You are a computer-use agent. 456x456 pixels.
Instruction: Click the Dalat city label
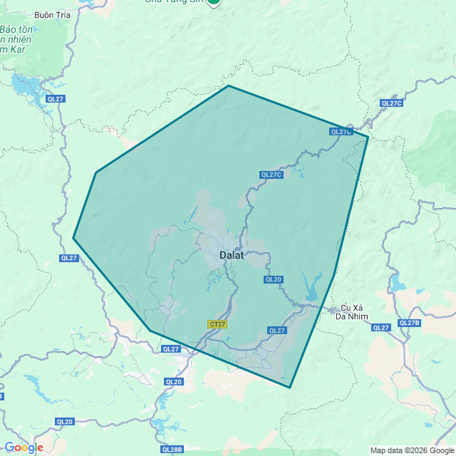232,254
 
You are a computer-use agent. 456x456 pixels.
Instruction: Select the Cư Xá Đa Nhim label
353,312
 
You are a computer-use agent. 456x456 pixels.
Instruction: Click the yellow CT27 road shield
217,324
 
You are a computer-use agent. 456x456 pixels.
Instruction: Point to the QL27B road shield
409,323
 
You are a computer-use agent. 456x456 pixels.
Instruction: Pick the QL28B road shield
172,450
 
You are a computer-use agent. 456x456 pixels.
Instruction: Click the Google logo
24,447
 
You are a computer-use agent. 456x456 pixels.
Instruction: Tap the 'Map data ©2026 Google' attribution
410,450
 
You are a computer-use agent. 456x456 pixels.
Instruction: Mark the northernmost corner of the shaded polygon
228,85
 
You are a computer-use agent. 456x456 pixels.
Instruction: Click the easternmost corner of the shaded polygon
368,136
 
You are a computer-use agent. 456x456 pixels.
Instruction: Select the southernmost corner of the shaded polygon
290,388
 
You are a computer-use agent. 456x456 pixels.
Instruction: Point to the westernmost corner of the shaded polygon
73,238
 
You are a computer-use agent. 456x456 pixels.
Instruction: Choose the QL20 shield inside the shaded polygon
274,279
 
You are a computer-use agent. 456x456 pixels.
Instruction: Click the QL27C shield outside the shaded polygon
392,103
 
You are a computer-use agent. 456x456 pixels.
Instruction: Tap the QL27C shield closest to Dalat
271,175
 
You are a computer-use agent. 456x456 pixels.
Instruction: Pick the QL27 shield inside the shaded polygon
276,330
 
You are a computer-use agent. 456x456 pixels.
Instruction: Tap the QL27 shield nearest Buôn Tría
55,98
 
